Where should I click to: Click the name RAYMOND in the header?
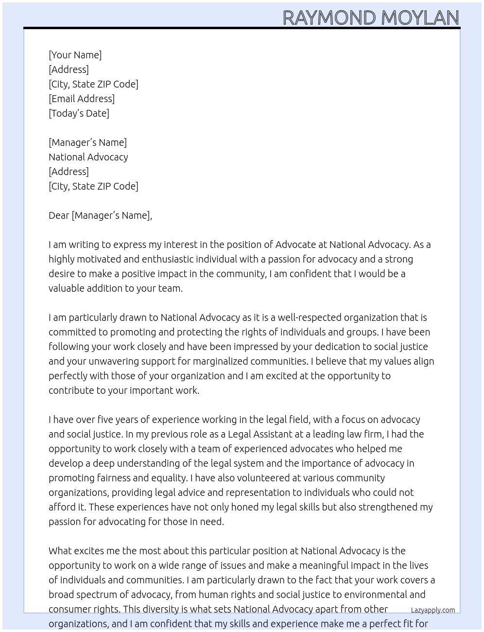(329, 18)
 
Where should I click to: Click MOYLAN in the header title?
(420, 18)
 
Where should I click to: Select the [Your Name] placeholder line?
(75, 55)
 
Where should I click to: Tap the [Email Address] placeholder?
(82, 99)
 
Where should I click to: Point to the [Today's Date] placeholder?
(79, 113)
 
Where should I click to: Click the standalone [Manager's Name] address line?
(87, 142)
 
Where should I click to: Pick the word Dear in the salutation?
(59, 215)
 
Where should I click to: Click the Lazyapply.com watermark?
(433, 610)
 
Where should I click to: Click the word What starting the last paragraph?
(60, 551)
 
